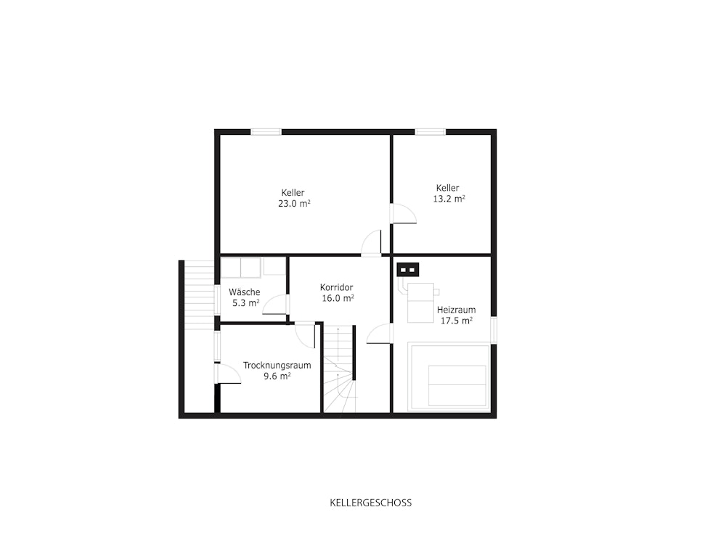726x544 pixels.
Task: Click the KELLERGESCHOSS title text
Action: tap(370, 503)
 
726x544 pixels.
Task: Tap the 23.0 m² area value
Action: tap(294, 204)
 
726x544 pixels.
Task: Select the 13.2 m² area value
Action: tap(449, 199)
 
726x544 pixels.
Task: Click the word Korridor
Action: tap(337, 287)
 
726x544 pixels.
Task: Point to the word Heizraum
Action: tap(456, 310)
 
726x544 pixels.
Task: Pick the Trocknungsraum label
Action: tap(277, 365)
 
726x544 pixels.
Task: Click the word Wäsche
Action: tap(245, 292)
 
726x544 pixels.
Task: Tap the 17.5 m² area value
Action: tap(456, 321)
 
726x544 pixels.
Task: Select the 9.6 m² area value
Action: tap(277, 376)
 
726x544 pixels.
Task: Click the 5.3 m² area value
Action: tap(245, 303)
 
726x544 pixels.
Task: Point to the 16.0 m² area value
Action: tap(338, 298)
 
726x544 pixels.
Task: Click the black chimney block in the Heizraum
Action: tap(408, 269)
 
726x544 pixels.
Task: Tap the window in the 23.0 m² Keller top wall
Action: tap(266, 132)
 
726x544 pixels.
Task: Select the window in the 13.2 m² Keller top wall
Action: tap(430, 132)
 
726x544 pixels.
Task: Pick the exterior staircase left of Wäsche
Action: tap(199, 295)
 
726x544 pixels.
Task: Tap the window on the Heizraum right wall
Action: tap(494, 330)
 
